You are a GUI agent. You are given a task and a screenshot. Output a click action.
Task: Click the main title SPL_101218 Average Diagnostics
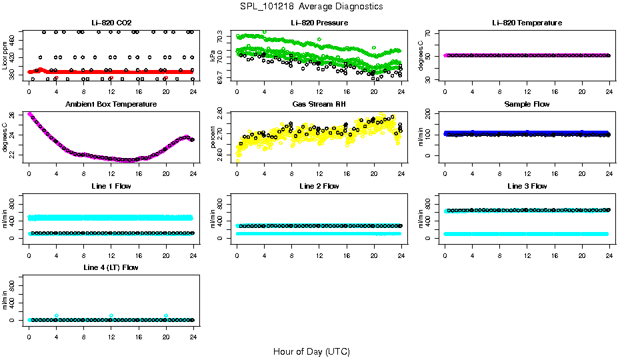click(312, 6)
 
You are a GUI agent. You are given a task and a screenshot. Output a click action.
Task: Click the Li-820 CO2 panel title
click(111, 23)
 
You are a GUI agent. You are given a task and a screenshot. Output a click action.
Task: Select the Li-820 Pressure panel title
click(319, 23)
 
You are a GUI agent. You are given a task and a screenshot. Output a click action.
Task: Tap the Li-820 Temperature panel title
click(527, 23)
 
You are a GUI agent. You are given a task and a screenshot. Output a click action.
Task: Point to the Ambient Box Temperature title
click(111, 105)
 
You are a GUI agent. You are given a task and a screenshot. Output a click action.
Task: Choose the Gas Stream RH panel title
click(319, 105)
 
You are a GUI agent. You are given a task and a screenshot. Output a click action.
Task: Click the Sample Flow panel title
click(527, 105)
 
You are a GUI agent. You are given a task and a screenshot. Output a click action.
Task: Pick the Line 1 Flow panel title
click(111, 186)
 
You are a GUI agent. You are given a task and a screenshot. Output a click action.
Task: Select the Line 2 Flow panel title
click(319, 186)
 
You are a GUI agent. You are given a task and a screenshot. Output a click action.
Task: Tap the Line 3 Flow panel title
click(527, 186)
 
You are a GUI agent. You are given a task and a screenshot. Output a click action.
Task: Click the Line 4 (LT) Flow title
click(111, 267)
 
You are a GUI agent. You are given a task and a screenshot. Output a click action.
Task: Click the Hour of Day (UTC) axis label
click(311, 351)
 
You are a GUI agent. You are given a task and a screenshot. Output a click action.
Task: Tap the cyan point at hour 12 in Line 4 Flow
click(111, 315)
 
